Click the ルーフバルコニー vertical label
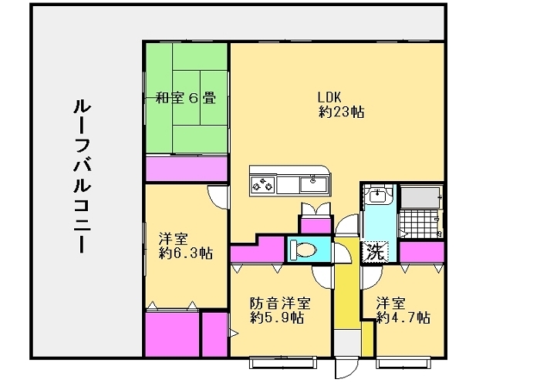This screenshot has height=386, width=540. (82, 178)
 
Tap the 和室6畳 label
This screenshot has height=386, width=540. (185, 98)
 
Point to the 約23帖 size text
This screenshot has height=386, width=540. (341, 112)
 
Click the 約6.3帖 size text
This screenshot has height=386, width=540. (186, 253)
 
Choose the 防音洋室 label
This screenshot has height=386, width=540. (280, 303)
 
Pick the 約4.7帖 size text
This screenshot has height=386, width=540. (403, 317)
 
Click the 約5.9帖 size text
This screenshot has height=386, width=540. (275, 317)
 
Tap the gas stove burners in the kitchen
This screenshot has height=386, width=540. (263, 184)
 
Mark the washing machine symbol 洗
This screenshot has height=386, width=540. (374, 251)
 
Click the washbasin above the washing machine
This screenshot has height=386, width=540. (377, 197)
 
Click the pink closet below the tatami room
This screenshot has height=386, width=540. (186, 167)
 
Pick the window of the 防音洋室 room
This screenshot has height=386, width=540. (282, 358)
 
